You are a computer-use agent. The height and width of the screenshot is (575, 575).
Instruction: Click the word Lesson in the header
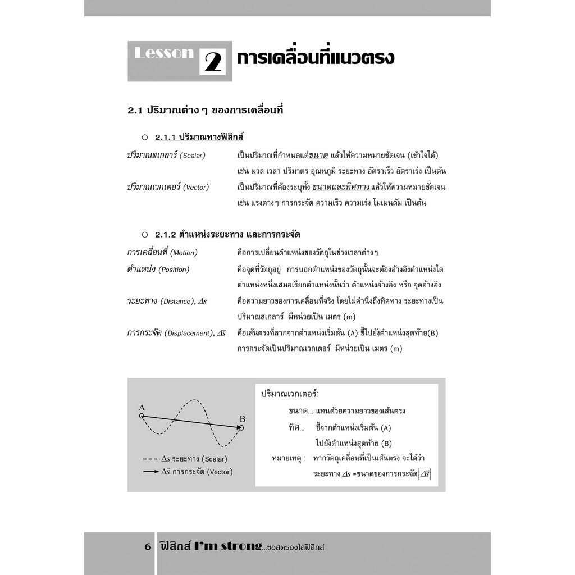164,53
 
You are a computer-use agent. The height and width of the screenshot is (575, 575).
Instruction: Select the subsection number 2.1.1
166,138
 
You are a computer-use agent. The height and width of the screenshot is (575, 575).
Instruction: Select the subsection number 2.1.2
166,234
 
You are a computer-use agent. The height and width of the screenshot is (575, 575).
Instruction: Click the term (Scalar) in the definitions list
193,156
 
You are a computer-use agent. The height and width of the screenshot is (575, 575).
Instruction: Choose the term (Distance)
178,302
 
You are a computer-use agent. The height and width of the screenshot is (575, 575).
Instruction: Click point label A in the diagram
142,407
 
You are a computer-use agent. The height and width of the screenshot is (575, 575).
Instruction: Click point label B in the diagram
243,419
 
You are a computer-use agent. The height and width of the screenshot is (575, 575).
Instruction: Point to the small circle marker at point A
142,416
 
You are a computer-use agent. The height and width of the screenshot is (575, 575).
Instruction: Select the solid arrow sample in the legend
150,472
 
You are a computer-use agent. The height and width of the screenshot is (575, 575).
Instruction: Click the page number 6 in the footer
148,546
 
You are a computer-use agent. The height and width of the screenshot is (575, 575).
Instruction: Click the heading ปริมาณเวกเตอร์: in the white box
294,394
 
